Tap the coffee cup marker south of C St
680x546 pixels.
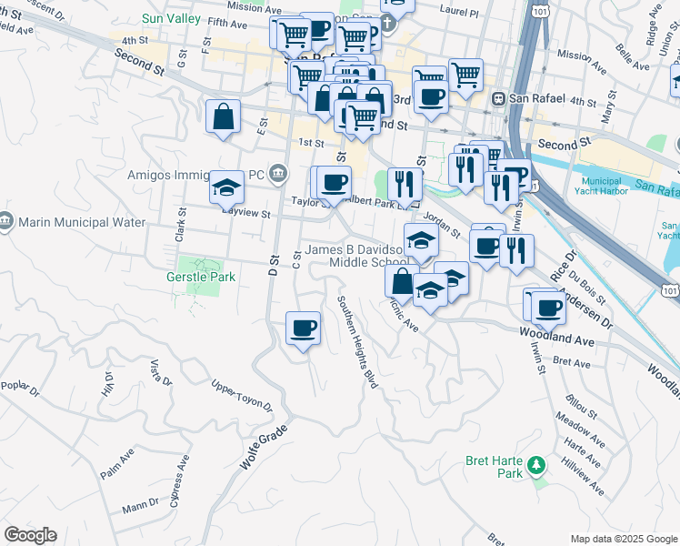coord(303,328)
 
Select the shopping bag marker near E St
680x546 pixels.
coord(223,117)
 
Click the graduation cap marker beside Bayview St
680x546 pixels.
coord(226,188)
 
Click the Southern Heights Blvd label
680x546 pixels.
coord(357,342)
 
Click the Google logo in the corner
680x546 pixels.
coord(30,535)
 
